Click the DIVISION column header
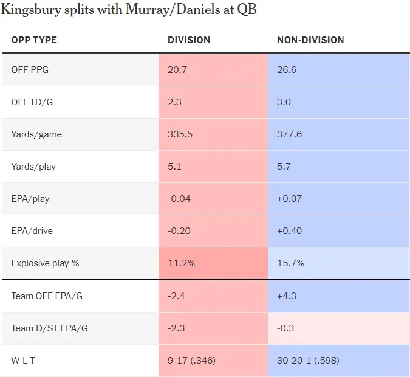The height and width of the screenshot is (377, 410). click(x=189, y=40)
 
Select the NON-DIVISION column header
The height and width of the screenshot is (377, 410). click(x=310, y=40)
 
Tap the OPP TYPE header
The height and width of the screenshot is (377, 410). click(x=34, y=40)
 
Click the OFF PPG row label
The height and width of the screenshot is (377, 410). click(x=30, y=70)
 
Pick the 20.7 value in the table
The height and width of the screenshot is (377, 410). click(x=177, y=70)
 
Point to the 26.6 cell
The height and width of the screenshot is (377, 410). click(x=287, y=70)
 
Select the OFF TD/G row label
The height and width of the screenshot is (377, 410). click(x=32, y=102)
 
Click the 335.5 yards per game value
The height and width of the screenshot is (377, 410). click(x=180, y=134)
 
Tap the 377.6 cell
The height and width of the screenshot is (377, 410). click(x=290, y=134)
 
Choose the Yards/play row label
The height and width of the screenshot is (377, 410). click(x=33, y=167)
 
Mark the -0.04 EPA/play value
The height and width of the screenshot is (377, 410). click(x=180, y=199)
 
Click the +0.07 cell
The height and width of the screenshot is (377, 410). click(x=290, y=199)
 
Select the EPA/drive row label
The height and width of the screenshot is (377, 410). click(x=33, y=231)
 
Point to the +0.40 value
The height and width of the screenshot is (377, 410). click(x=290, y=231)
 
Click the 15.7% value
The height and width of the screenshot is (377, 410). click(x=290, y=263)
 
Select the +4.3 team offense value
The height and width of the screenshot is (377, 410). click(x=287, y=296)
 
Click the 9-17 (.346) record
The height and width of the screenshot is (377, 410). click(x=192, y=361)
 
